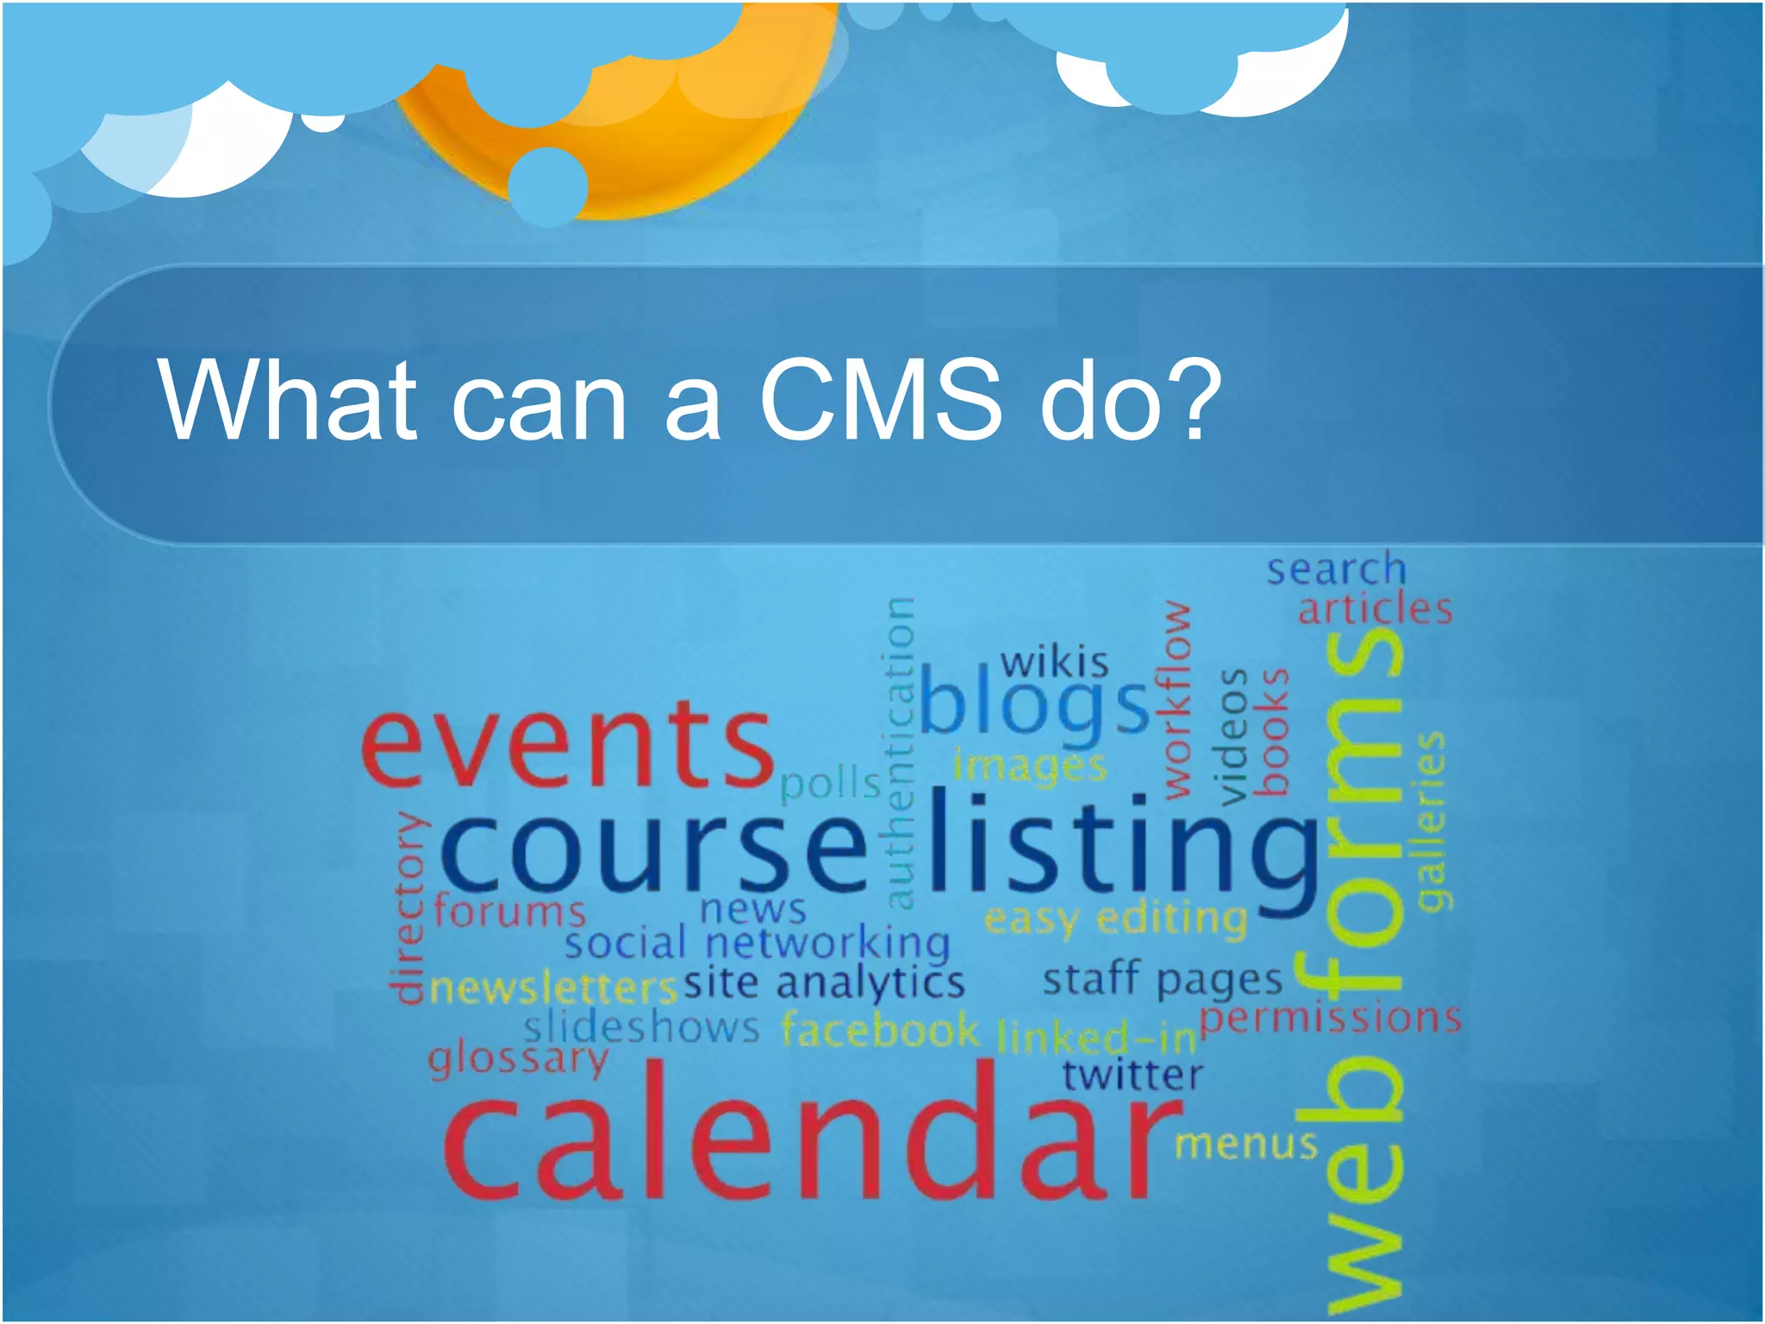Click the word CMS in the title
click(x=880, y=400)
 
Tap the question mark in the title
click(x=1191, y=400)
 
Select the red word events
click(x=566, y=745)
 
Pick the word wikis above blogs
click(x=1054, y=663)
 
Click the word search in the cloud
click(x=1335, y=569)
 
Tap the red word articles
click(x=1375, y=609)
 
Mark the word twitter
click(x=1132, y=1075)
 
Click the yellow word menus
click(x=1246, y=1144)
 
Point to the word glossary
click(x=518, y=1059)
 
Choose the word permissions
click(x=1330, y=1018)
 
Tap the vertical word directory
click(x=408, y=909)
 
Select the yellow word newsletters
click(x=552, y=989)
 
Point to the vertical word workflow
click(x=1177, y=700)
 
